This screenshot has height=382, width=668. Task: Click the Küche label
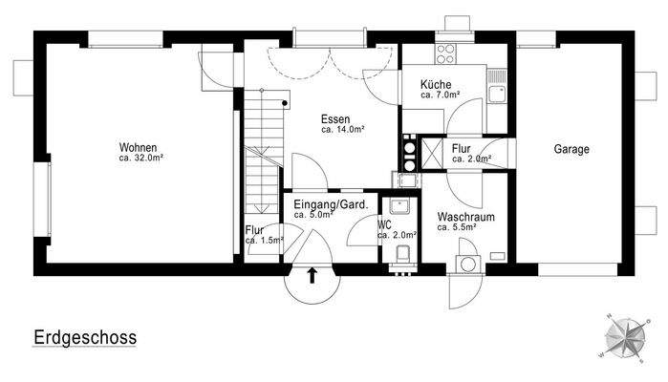(x=436, y=85)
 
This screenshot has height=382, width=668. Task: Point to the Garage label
(x=571, y=149)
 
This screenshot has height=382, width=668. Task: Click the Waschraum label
(x=465, y=217)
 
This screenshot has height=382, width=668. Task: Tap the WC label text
(x=385, y=225)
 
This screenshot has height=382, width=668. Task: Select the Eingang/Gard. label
(x=327, y=204)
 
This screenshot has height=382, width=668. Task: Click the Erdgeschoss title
(x=85, y=338)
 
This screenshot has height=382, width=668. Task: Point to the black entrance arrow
(x=312, y=277)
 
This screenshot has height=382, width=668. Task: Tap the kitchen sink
(x=496, y=94)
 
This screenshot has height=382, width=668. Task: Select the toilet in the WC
(x=403, y=254)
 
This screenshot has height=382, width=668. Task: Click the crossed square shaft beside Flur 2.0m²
(x=431, y=151)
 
